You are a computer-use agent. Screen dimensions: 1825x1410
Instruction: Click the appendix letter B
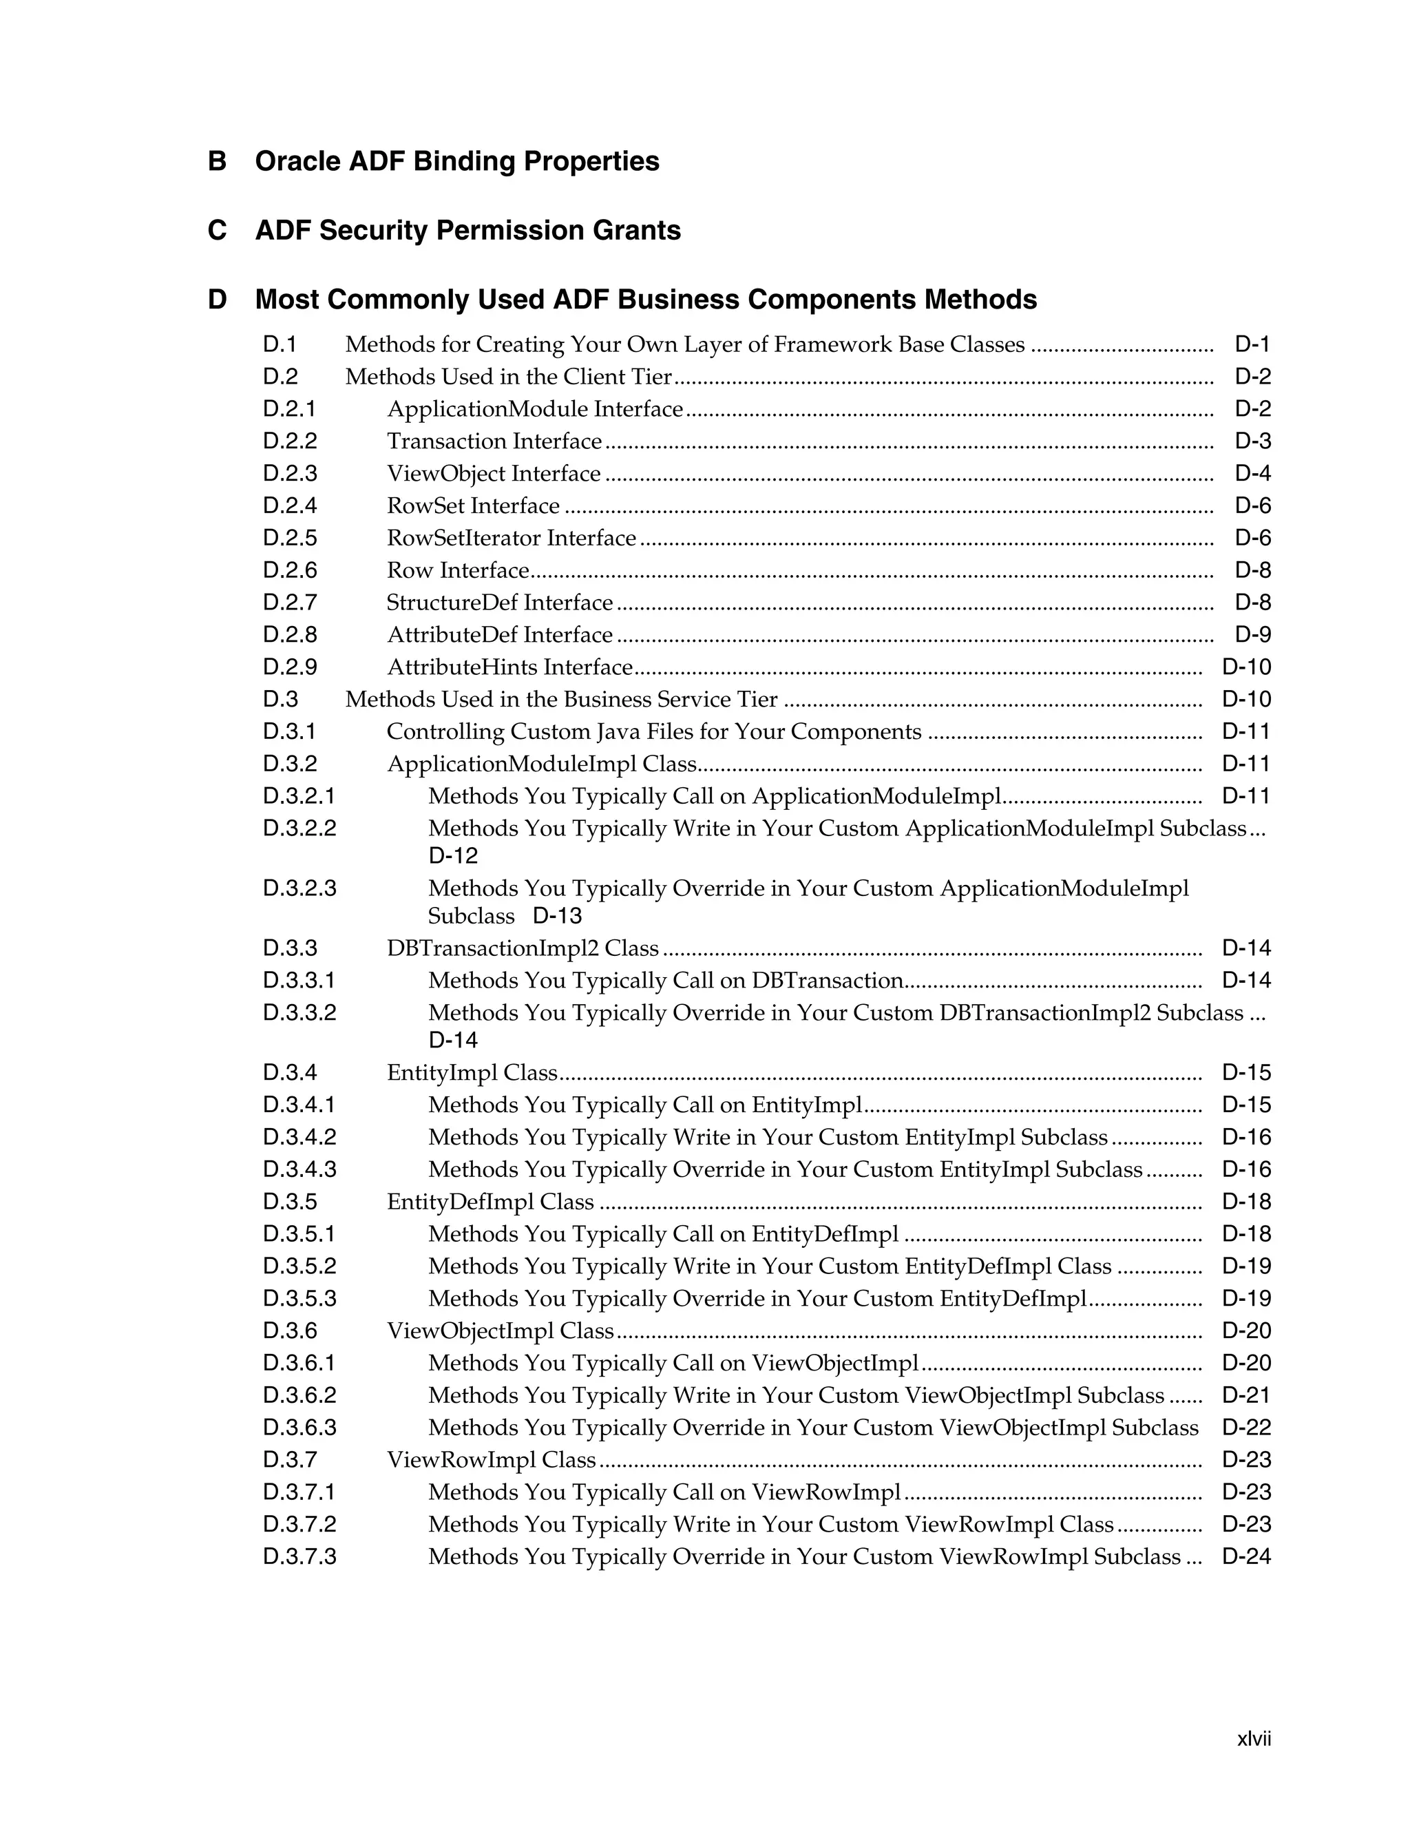216,161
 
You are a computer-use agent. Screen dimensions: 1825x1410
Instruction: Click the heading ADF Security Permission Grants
467,231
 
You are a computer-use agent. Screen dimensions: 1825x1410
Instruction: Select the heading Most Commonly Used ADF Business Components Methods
646,299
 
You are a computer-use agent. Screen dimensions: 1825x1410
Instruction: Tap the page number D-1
1252,344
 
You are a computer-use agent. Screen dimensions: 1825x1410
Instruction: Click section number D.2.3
290,474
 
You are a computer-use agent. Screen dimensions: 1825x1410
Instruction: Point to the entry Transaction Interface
494,441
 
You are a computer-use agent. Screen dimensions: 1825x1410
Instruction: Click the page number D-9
1252,635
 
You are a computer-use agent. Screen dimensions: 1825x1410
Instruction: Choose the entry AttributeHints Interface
509,667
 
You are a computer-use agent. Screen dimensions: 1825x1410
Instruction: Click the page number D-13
557,917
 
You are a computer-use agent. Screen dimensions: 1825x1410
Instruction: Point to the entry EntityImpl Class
472,1073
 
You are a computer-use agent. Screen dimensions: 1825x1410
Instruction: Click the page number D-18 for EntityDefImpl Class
1246,1202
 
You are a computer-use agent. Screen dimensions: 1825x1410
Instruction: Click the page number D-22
1246,1428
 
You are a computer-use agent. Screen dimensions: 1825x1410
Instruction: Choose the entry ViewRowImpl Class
491,1461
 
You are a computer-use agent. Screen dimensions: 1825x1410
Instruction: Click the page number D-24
1246,1558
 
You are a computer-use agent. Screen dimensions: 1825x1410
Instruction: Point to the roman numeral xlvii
1253,1739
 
